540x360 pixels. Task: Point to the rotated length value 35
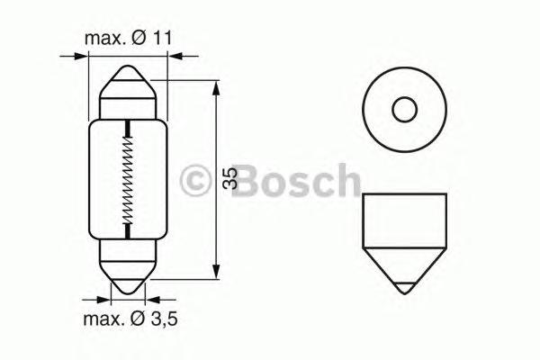click(230, 178)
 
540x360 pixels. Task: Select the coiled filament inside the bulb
click(129, 180)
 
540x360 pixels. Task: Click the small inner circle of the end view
click(404, 111)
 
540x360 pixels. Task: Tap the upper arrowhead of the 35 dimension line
click(215, 87)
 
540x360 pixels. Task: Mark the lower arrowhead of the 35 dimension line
click(215, 273)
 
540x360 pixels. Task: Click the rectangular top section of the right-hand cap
click(404, 221)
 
